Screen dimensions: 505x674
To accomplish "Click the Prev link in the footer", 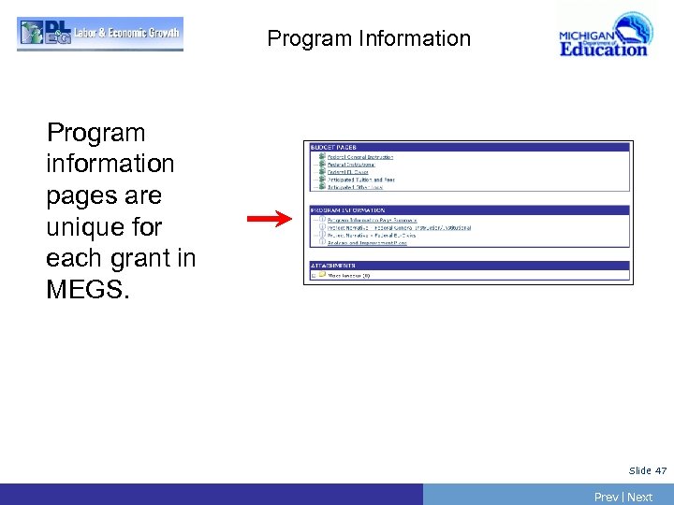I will pyautogui.click(x=607, y=497).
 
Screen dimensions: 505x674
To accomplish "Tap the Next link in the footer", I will pyautogui.click(x=640, y=497).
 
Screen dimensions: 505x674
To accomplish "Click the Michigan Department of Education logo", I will pyautogui.click(x=603, y=36).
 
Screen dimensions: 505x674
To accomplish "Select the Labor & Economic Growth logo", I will pyautogui.click(x=100, y=34).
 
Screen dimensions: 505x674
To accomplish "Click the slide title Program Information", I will pyautogui.click(x=369, y=38).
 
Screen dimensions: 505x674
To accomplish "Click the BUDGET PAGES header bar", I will pyautogui.click(x=468, y=147).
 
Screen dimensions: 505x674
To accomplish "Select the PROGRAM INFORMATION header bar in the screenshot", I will pyautogui.click(x=468, y=210).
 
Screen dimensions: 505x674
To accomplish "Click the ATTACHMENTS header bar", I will pyautogui.click(x=468, y=266).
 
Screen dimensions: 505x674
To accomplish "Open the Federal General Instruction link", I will pyautogui.click(x=360, y=157).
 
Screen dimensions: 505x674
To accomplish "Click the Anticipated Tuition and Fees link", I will pyautogui.click(x=361, y=180).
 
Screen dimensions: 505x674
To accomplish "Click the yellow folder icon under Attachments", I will pyautogui.click(x=321, y=275).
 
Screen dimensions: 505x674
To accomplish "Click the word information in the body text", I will pyautogui.click(x=110, y=164).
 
